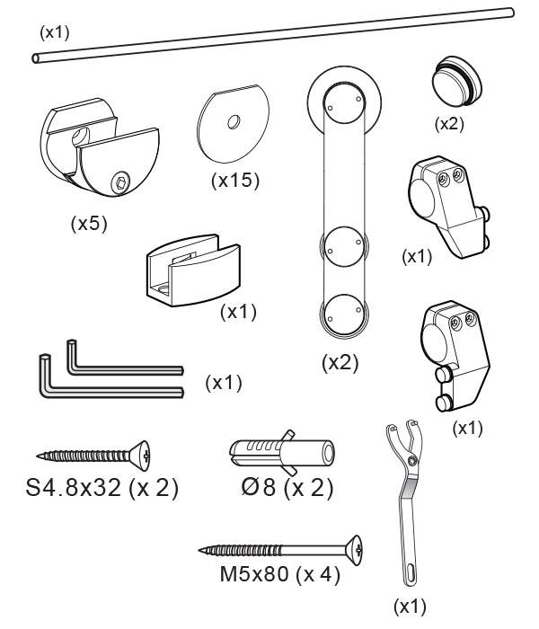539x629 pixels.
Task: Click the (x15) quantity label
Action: click(235, 180)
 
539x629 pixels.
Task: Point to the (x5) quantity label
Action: click(89, 223)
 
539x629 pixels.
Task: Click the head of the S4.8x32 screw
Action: click(142, 456)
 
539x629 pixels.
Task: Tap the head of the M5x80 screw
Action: click(354, 550)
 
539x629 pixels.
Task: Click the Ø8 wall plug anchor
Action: click(282, 453)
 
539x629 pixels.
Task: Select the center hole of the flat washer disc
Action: click(234, 121)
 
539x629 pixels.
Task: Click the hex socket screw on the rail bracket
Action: click(121, 183)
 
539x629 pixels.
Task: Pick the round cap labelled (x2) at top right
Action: click(457, 80)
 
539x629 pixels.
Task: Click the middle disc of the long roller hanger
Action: click(344, 247)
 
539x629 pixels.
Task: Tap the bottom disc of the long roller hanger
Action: click(344, 314)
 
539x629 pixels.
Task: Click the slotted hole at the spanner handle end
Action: click(411, 571)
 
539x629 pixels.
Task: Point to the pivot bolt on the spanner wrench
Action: click(412, 460)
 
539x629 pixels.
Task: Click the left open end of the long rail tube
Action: click(37, 58)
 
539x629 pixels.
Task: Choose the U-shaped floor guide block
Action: click(193, 270)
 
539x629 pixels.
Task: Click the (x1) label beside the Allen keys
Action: click(224, 383)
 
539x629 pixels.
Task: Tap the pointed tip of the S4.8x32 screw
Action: click(38, 456)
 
